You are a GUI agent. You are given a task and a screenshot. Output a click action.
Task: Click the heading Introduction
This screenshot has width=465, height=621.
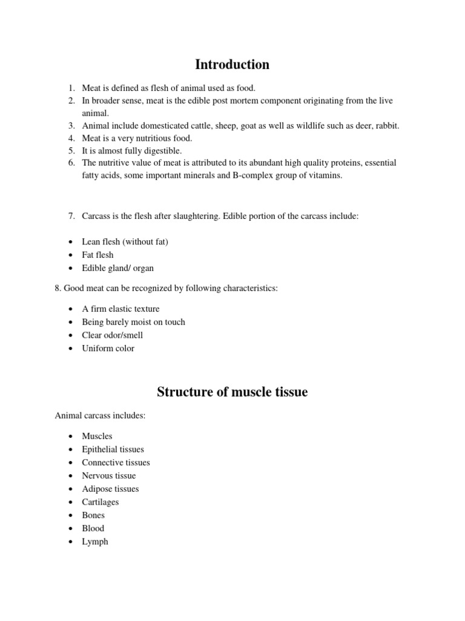click(232, 64)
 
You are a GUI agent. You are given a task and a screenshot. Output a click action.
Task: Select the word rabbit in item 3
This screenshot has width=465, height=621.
click(387, 126)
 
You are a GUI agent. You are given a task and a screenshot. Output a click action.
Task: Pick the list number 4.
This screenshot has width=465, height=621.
click(71, 138)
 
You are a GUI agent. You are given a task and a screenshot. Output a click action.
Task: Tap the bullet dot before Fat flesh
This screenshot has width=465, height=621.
click(71, 255)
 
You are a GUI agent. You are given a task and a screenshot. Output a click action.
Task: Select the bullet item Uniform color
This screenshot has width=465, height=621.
click(108, 348)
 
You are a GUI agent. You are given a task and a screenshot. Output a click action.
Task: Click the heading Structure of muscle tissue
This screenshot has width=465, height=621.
click(232, 392)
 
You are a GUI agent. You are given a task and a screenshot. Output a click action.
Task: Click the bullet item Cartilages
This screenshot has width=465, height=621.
click(100, 502)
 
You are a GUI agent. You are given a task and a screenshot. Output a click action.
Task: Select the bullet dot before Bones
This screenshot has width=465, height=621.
click(71, 515)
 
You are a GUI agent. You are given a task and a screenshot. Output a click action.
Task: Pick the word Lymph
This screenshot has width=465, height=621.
click(95, 542)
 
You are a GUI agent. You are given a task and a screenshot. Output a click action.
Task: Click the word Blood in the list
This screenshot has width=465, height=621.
click(93, 528)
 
